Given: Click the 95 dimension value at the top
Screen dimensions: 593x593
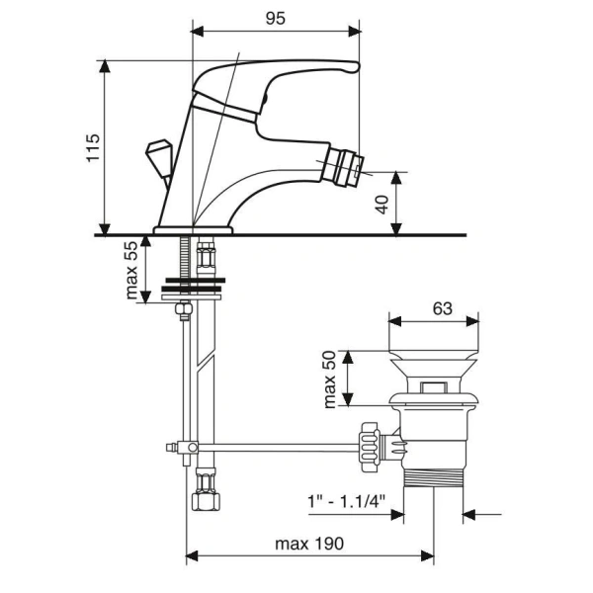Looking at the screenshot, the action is tap(275, 18).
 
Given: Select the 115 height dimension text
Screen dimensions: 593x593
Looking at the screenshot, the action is tap(93, 148).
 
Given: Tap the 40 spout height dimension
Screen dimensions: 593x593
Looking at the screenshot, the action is tap(382, 205).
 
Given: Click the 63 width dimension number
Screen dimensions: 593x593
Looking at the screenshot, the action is tap(442, 308).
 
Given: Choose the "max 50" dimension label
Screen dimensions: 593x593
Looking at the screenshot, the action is tap(329, 380).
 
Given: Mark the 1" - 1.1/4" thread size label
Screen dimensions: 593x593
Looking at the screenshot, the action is tap(346, 502).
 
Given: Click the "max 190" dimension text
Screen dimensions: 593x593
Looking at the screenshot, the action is tap(309, 544).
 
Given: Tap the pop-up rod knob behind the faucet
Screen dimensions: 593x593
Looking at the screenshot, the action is tap(159, 158).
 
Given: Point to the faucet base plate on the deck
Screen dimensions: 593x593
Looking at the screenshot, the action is tap(193, 230).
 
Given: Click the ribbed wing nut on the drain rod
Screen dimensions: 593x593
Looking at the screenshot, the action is tap(370, 447).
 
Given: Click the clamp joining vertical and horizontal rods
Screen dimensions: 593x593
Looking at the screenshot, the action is tap(187, 448).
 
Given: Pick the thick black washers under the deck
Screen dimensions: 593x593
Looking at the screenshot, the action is tap(194, 285).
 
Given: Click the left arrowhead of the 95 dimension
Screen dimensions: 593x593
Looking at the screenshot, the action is tap(198, 32).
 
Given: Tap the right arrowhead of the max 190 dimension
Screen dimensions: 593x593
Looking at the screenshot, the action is tap(428, 555).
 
